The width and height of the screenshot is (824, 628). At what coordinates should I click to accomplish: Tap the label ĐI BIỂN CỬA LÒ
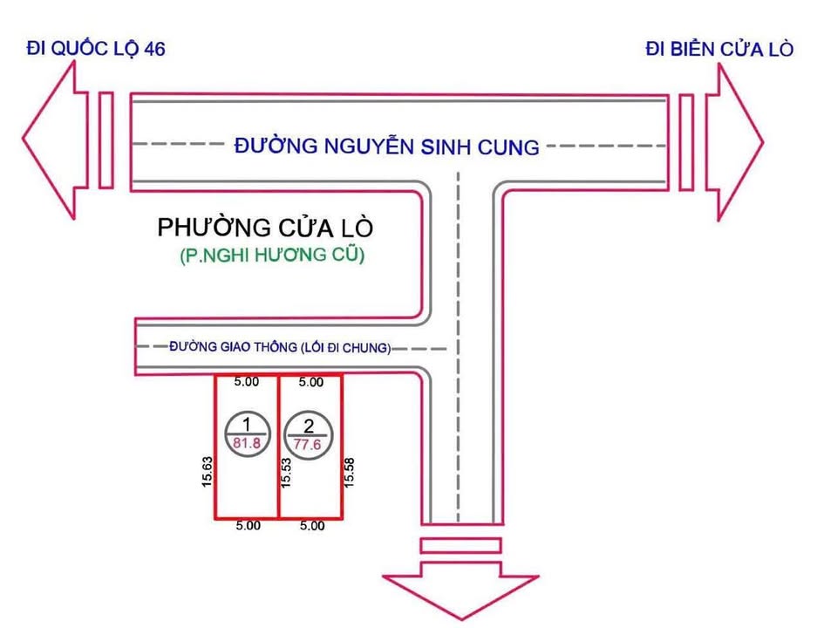719,48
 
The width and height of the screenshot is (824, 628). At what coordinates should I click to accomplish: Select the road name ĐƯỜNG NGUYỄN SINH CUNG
387,146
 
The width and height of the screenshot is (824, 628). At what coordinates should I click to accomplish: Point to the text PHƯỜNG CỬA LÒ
265,229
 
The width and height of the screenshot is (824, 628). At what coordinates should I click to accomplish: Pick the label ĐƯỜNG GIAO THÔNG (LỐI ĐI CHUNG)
280,347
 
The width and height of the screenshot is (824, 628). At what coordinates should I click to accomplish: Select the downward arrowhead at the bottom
460,593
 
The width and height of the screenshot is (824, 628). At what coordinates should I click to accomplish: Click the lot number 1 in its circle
247,424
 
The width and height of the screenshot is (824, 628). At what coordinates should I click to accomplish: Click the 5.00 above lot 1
248,381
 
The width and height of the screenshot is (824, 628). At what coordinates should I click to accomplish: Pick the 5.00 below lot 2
311,526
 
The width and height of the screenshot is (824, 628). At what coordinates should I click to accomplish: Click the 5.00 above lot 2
311,382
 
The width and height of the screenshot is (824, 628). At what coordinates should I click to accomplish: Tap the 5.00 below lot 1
249,526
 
